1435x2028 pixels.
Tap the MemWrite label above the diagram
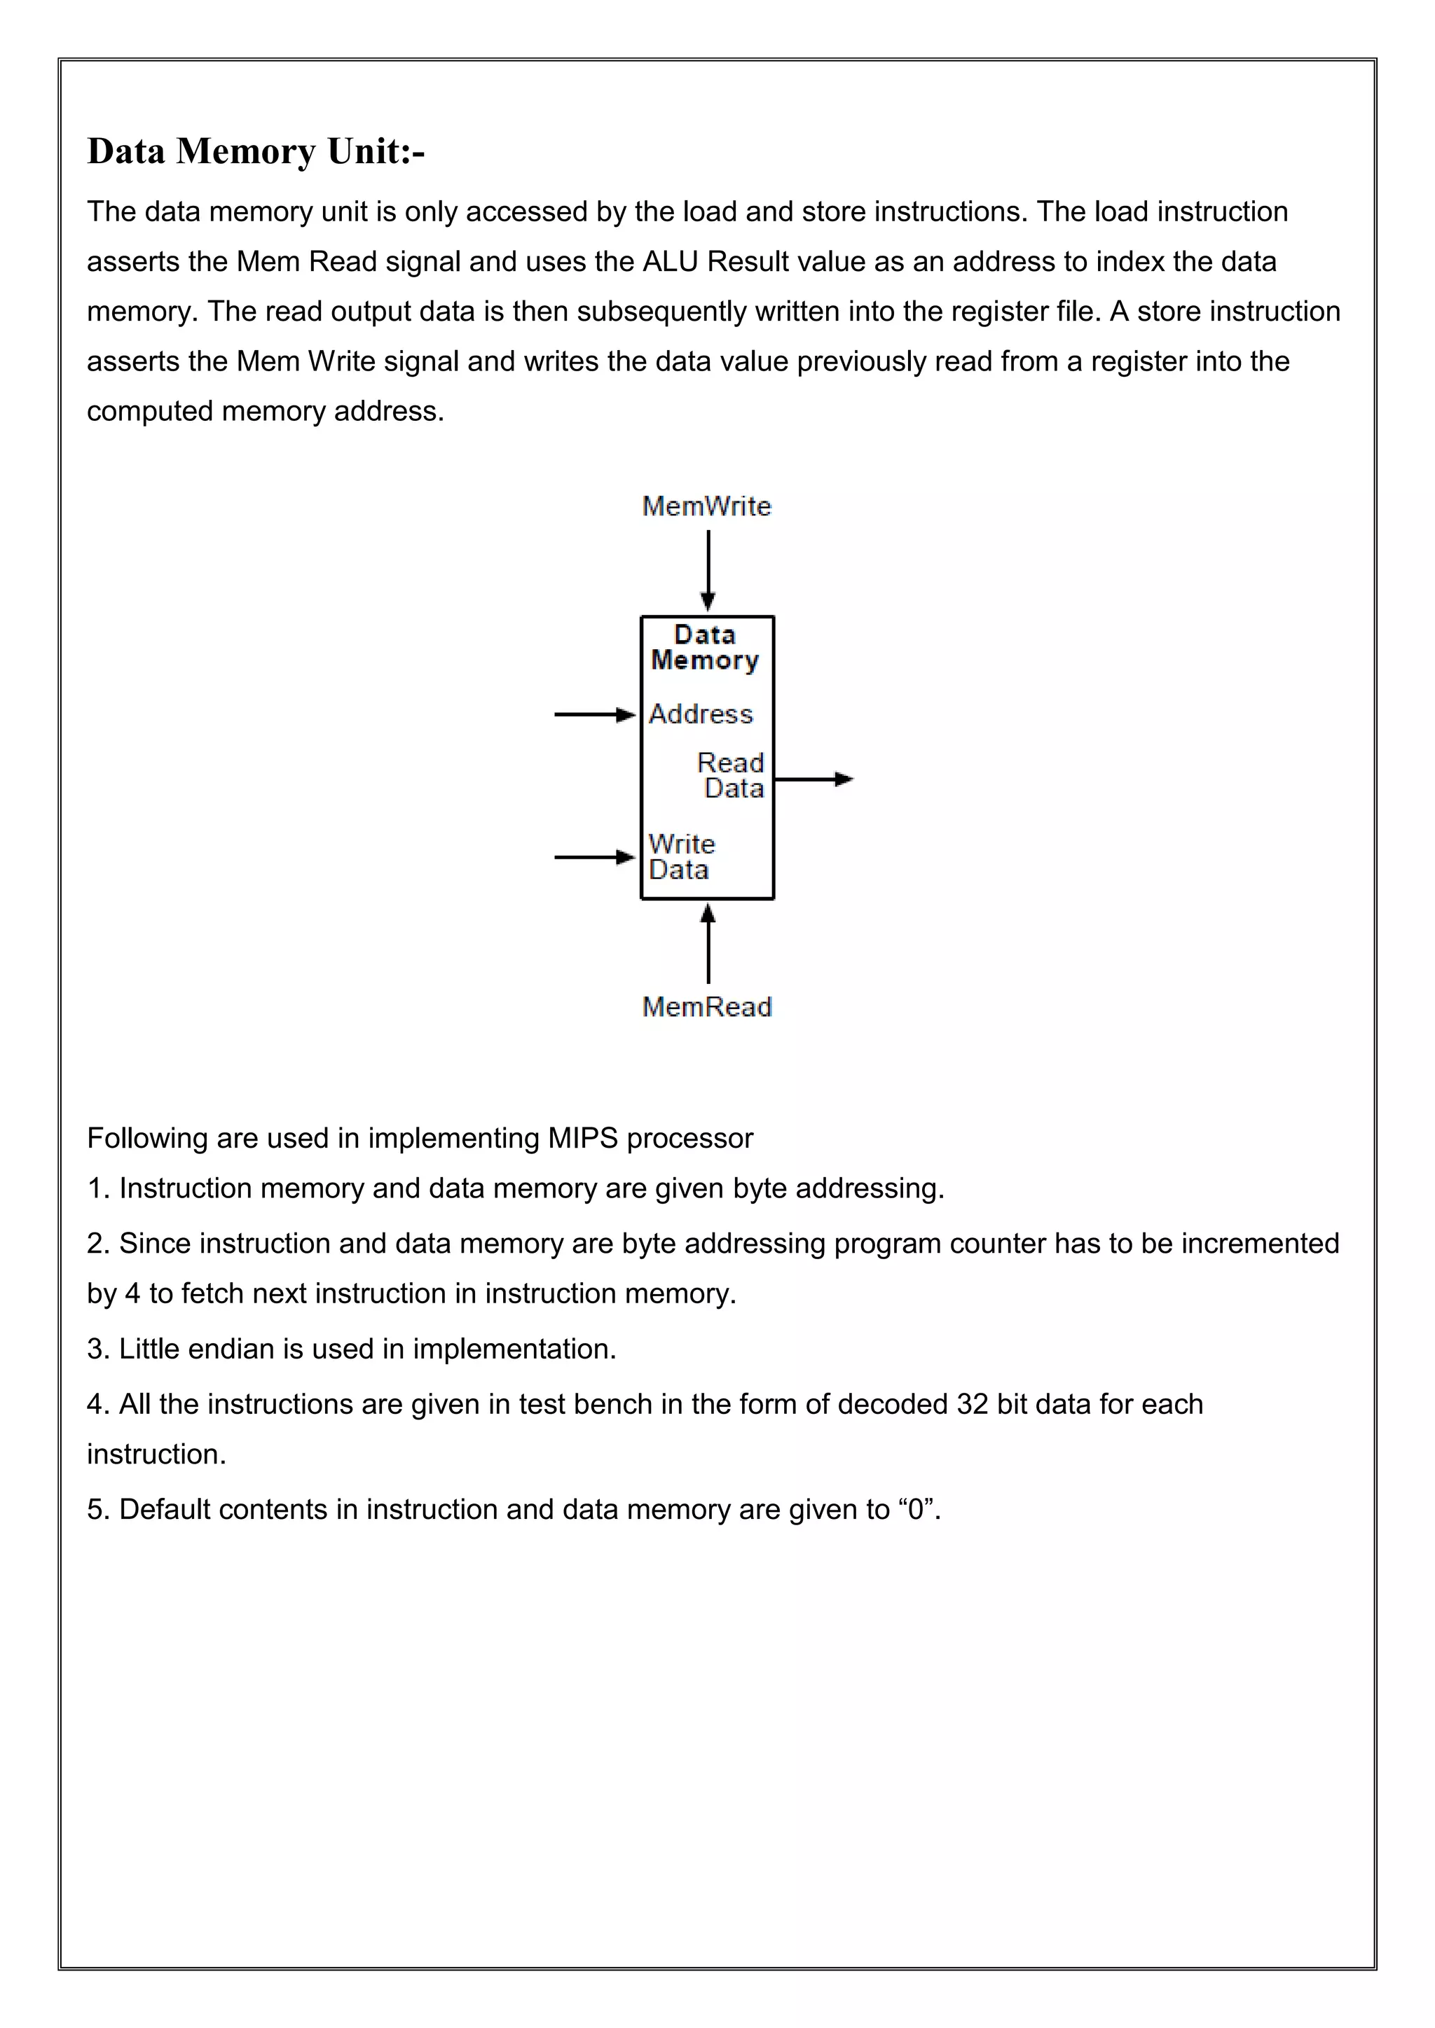click(706, 506)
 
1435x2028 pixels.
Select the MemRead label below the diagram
click(707, 1007)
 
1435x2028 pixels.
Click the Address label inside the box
click(701, 714)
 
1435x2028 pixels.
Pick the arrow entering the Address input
click(593, 714)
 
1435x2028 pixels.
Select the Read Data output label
click(732, 775)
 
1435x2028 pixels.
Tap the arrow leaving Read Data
click(813, 779)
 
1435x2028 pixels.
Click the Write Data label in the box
click(681, 856)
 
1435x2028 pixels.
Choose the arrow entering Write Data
click(593, 856)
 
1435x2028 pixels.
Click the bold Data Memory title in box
click(705, 648)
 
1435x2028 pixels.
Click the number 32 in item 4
click(972, 1405)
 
